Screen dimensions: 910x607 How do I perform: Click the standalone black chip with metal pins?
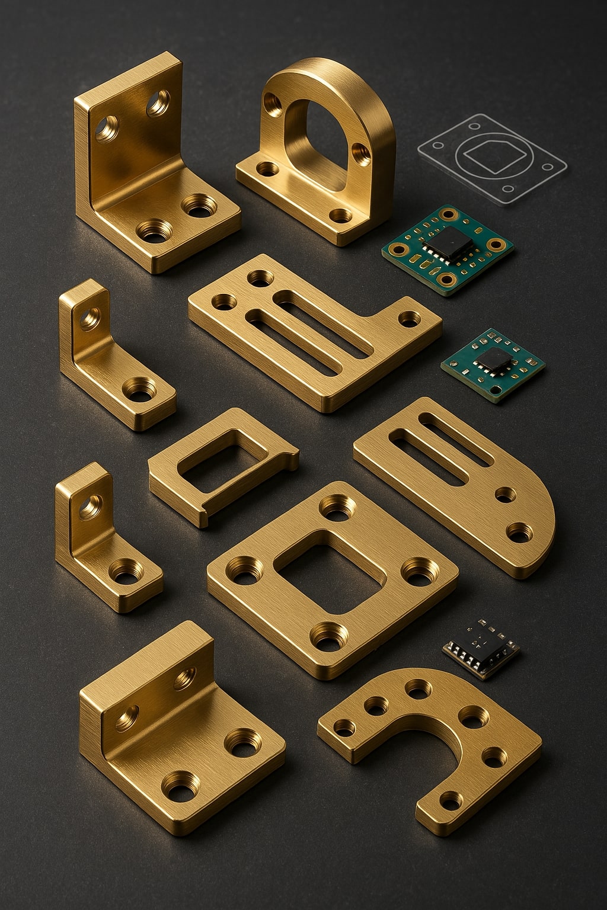click(x=481, y=648)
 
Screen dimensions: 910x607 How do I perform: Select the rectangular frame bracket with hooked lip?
click(x=222, y=465)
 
